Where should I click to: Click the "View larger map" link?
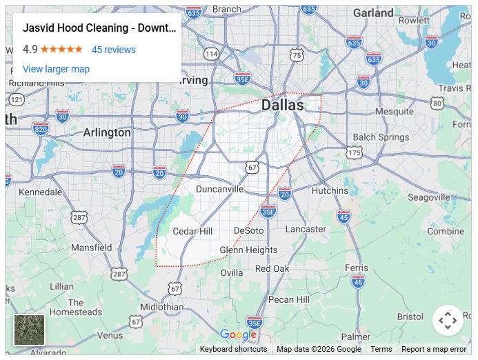pyautogui.click(x=56, y=69)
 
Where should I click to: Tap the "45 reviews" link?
pyautogui.click(x=114, y=50)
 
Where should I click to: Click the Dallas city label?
pyautogui.click(x=282, y=106)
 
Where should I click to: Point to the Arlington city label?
pyautogui.click(x=107, y=132)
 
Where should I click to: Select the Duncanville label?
pyautogui.click(x=219, y=188)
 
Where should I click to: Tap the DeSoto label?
pyautogui.click(x=248, y=230)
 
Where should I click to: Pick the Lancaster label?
pyautogui.click(x=306, y=229)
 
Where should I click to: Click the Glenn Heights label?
pyautogui.click(x=248, y=250)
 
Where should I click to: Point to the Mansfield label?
pyautogui.click(x=91, y=247)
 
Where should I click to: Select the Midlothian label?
pyautogui.click(x=161, y=307)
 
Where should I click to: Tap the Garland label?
pyautogui.click(x=373, y=13)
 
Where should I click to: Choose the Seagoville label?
pyautogui.click(x=428, y=197)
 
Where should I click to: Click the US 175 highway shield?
pyautogui.click(x=355, y=152)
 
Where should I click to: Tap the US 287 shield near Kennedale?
pyautogui.click(x=79, y=218)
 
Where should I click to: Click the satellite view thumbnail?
pyautogui.click(x=30, y=330)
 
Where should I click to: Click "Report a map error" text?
pyautogui.click(x=434, y=349)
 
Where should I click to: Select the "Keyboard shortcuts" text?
pyautogui.click(x=233, y=349)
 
